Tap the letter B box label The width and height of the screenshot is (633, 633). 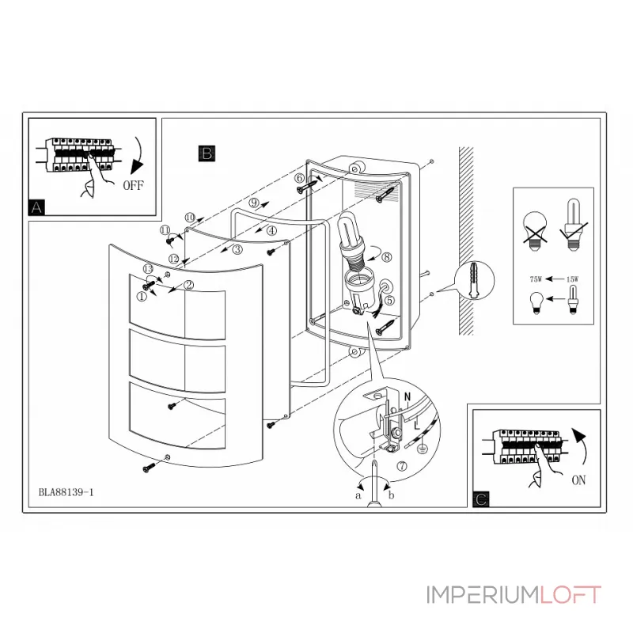[206, 153]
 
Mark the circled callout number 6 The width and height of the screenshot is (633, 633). [299, 178]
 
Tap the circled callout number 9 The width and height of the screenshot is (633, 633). [253, 203]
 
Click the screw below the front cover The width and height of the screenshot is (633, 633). [147, 469]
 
